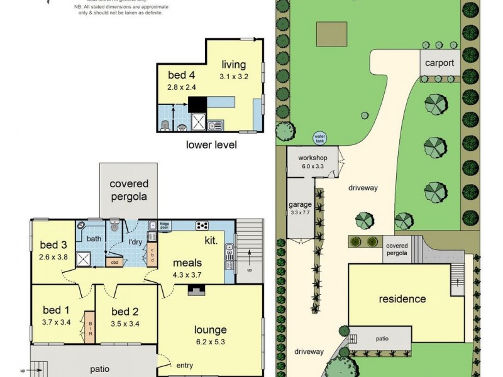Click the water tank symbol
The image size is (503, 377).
pyautogui.click(x=319, y=138)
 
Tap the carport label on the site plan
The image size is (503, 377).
pyautogui.click(x=439, y=63)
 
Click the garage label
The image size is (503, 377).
pyautogui.click(x=300, y=204)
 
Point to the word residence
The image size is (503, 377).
pyautogui.click(x=402, y=299)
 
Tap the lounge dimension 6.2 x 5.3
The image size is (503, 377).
pyautogui.click(x=210, y=342)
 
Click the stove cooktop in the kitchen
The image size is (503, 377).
pyautogui.click(x=202, y=226)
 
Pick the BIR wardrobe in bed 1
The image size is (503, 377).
pyautogui.click(x=90, y=327)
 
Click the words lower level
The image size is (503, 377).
pyautogui.click(x=211, y=145)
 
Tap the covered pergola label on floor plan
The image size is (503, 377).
pyautogui.click(x=129, y=190)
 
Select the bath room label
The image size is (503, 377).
pyautogui.click(x=94, y=239)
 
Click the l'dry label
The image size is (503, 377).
pyautogui.click(x=135, y=242)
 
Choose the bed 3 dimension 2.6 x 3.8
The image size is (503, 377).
pyautogui.click(x=53, y=256)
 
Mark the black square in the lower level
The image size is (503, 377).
pyautogui.click(x=197, y=104)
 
